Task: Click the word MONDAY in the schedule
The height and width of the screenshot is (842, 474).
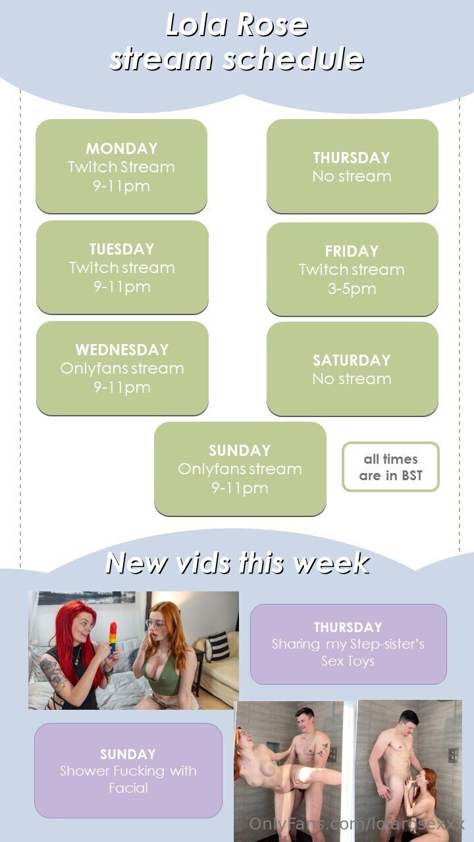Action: tap(122, 149)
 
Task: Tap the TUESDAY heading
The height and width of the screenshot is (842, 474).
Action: tap(122, 249)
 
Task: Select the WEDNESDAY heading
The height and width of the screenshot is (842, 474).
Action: tap(122, 350)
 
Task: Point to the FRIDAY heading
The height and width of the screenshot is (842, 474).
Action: tap(352, 251)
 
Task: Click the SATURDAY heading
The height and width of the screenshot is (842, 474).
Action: tap(352, 360)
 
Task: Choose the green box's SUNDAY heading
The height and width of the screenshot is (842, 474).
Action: tap(240, 451)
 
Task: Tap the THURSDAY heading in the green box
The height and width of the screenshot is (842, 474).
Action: tap(352, 158)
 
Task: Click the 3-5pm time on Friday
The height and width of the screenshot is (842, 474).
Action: tap(352, 289)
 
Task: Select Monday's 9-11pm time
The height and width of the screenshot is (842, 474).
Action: tap(122, 186)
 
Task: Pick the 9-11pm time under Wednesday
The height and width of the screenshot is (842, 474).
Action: tap(122, 387)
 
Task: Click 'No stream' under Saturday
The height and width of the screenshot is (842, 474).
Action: tap(352, 379)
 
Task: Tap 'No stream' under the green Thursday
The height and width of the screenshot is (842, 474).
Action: tap(352, 176)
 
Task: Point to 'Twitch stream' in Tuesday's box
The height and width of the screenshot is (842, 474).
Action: tap(122, 268)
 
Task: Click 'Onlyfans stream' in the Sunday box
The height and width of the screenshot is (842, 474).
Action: tap(240, 469)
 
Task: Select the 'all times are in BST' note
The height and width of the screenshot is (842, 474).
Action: tap(390, 467)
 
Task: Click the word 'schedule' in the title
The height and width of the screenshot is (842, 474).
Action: tap(294, 59)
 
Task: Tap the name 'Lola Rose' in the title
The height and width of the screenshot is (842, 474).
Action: tap(237, 25)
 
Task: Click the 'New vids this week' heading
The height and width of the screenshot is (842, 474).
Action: tap(238, 563)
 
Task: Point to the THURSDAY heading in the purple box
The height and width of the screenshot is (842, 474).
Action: tap(348, 628)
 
